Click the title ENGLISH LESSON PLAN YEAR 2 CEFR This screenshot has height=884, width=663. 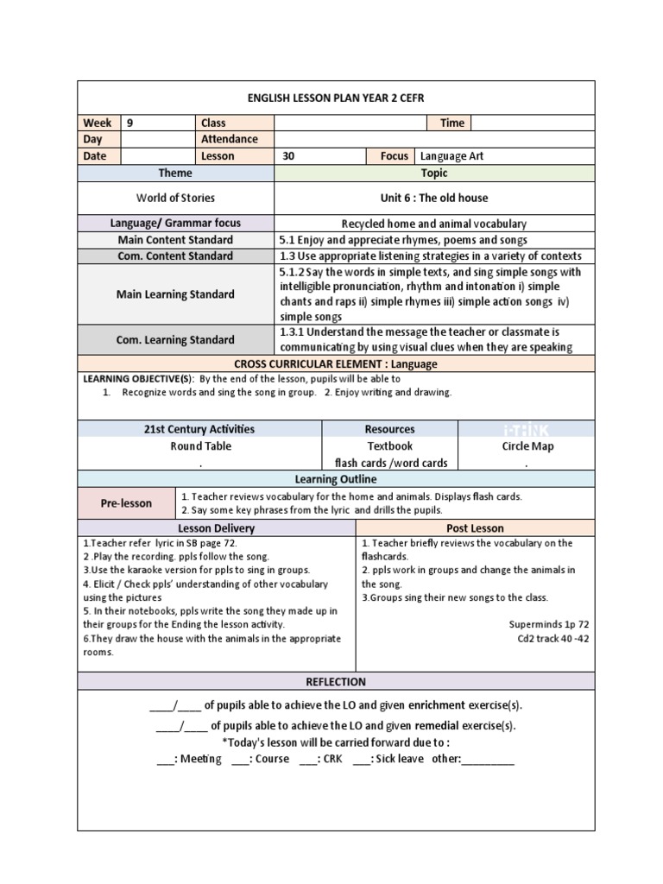tap(336, 98)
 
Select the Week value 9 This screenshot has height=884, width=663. tap(130, 123)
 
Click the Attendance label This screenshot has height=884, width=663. tap(229, 139)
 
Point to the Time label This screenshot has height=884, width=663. tap(452, 123)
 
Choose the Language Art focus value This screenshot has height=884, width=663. tap(458, 156)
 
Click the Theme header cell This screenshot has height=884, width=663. tap(175, 174)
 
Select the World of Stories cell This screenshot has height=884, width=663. tap(175, 198)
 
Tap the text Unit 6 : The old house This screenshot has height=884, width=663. tap(434, 198)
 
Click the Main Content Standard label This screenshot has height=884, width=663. tap(175, 240)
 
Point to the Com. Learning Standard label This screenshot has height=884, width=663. tap(175, 339)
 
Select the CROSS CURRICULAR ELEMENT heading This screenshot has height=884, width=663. tap(336, 364)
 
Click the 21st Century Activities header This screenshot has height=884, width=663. tap(199, 429)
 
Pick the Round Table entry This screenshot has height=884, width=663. tap(199, 446)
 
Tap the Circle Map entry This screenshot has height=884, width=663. tap(527, 446)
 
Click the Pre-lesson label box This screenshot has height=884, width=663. tap(126, 503)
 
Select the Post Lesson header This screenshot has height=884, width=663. tap(475, 527)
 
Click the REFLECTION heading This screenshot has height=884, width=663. tap(336, 682)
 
